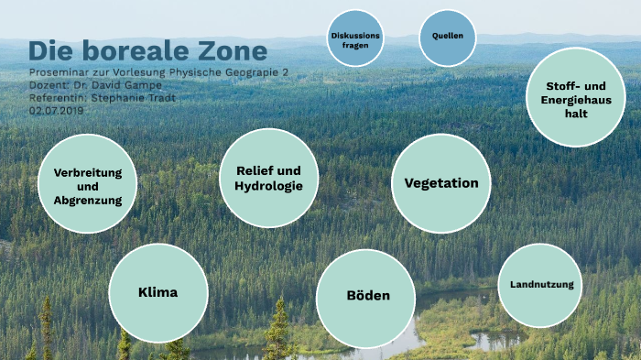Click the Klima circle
coord(156,293)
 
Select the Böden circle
coord(366,296)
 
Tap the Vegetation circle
coord(440,183)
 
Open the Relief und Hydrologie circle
coord(268,178)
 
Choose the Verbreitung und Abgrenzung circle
coord(88,186)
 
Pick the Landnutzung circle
coord(540,285)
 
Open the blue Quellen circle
coord(448,37)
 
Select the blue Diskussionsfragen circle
coord(355,38)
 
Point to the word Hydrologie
coord(268,186)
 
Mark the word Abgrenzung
coord(88,200)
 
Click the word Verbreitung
coord(88,172)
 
